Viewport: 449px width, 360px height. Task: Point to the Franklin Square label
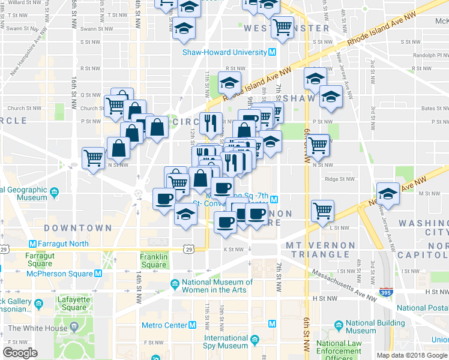point(154,260)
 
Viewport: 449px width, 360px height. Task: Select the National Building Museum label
point(369,326)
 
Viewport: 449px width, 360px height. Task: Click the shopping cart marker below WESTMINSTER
point(282,27)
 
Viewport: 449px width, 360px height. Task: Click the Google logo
point(20,353)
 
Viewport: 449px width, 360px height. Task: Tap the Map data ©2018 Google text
point(412,355)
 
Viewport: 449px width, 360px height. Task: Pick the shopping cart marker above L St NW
point(323,210)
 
